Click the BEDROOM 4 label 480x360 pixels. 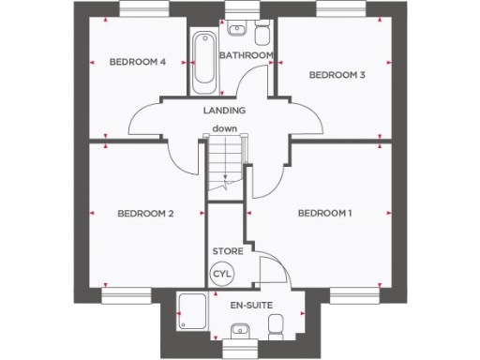tap(138, 62)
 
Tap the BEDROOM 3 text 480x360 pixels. tap(337, 75)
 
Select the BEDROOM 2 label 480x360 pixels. tap(145, 214)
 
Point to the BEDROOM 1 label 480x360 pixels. tap(324, 214)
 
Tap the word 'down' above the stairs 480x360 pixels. tap(223, 128)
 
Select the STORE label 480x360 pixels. tap(227, 251)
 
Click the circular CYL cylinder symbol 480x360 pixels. tap(222, 274)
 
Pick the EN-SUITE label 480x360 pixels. tap(248, 305)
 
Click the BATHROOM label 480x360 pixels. tap(246, 55)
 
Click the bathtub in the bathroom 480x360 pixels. tap(202, 63)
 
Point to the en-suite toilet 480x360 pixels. tap(277, 327)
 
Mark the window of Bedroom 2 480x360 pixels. tap(126, 295)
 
